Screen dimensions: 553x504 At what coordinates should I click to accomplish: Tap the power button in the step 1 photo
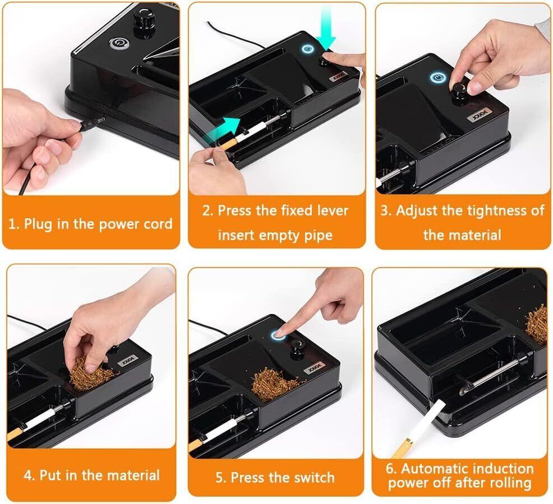point(117,44)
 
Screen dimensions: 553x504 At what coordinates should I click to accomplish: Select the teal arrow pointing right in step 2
point(222,129)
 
